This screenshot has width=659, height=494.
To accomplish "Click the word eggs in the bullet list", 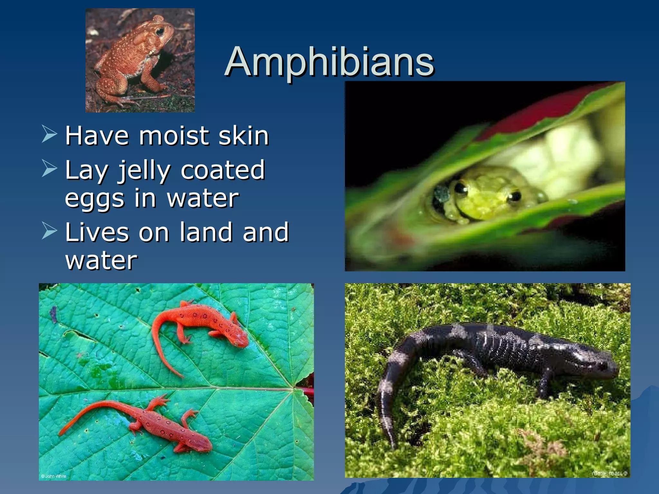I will (x=95, y=199).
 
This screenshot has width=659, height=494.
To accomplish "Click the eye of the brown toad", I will (x=160, y=32).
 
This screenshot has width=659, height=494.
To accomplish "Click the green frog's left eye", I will (x=461, y=188).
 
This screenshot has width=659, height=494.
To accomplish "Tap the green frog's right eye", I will (x=514, y=196).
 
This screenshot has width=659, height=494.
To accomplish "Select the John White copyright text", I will (x=53, y=476).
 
